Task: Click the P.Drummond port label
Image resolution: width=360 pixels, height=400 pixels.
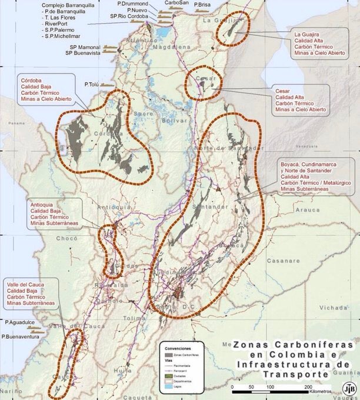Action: pos(132,4)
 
